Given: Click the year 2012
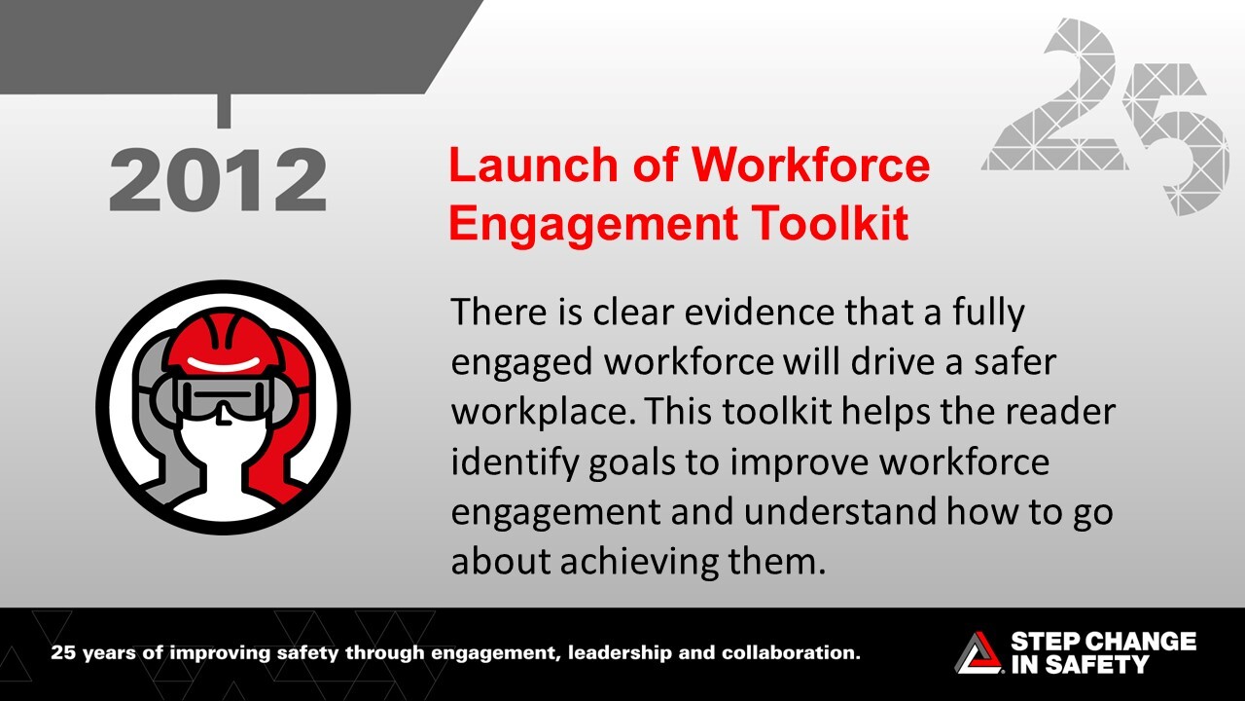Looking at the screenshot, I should tap(218, 182).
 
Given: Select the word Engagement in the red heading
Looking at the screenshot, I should tap(586, 224).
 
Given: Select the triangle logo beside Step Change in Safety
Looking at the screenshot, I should tap(977, 652).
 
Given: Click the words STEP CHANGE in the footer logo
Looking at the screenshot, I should tap(1103, 642).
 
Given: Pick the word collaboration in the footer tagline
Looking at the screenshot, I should tap(788, 652).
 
